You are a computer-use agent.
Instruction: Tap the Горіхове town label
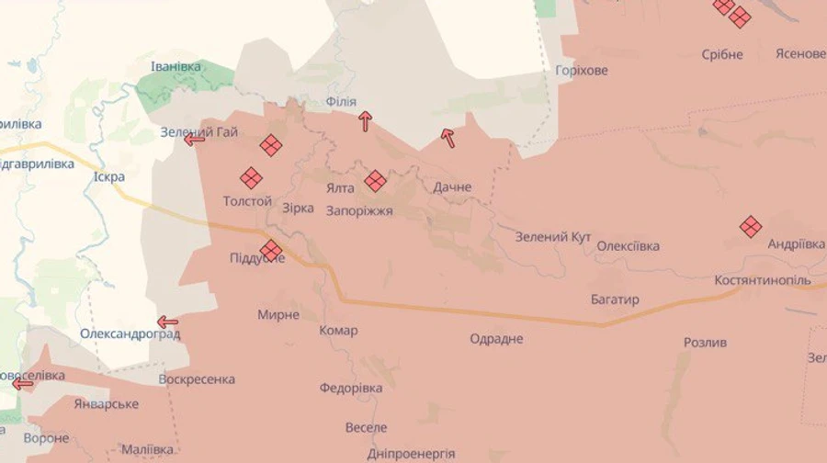click(582, 71)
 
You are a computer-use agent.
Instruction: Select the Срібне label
click(722, 54)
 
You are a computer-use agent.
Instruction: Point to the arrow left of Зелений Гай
click(194, 139)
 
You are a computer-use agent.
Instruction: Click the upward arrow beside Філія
click(366, 120)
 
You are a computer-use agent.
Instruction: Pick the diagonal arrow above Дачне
click(448, 138)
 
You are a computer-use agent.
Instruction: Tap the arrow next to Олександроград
click(167, 322)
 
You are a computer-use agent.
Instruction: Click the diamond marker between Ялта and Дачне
click(375, 180)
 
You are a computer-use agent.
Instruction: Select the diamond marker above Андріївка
click(751, 226)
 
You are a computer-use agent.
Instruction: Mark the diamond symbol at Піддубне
click(270, 250)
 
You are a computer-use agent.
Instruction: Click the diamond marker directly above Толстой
click(251, 178)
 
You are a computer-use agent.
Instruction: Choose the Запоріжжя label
click(359, 210)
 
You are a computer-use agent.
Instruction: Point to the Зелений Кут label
click(552, 237)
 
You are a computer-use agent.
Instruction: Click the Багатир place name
click(615, 299)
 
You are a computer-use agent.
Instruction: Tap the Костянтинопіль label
click(763, 279)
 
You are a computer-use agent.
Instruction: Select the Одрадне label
click(496, 339)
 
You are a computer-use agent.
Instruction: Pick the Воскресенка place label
click(197, 379)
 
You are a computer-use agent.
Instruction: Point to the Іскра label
click(109, 177)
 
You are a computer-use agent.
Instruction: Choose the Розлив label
click(705, 343)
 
